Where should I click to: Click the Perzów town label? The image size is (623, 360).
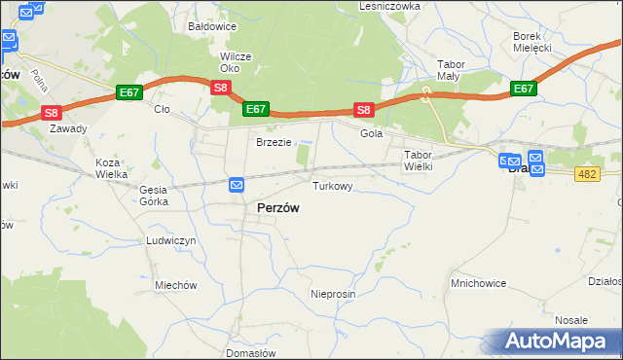click(277, 208)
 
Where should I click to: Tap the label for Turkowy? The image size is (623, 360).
click(332, 184)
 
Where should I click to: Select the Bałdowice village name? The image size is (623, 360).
click(213, 27)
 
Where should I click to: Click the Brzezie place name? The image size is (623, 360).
click(274, 142)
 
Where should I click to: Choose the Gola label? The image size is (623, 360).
click(371, 134)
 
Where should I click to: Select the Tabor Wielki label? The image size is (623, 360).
click(418, 161)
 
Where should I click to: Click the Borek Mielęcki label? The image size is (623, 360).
click(532, 42)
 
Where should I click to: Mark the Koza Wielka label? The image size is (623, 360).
click(112, 168)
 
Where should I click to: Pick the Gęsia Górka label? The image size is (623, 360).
click(154, 196)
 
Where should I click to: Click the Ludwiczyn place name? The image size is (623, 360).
click(170, 240)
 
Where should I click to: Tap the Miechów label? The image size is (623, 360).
click(176, 285)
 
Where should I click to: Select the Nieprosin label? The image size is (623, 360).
click(333, 294)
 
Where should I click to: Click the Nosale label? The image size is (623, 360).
click(571, 320)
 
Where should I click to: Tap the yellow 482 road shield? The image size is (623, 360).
click(586, 173)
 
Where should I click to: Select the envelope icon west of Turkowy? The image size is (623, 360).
click(237, 184)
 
